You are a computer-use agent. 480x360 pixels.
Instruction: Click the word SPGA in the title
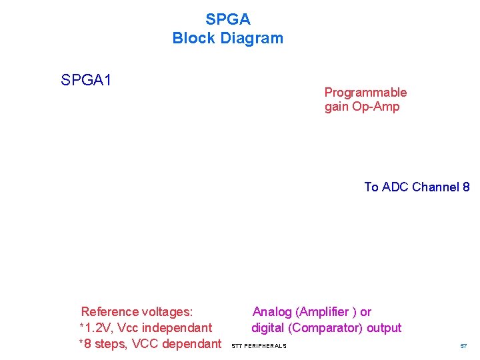pos(227,19)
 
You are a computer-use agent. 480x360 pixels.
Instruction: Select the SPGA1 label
pos(86,81)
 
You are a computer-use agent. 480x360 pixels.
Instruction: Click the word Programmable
pos(365,93)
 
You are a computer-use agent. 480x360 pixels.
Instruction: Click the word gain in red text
pos(337,108)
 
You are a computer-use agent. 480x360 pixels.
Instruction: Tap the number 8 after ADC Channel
pos(465,187)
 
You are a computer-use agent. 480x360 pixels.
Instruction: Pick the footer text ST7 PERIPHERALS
pos(259,346)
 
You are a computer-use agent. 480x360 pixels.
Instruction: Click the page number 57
pos(463,346)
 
